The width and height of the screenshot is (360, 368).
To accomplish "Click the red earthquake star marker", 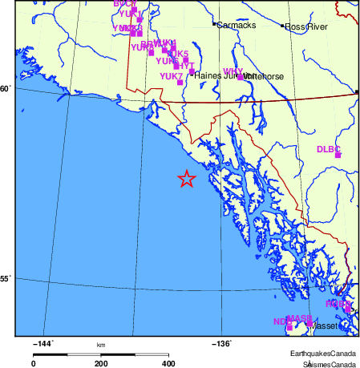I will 186,179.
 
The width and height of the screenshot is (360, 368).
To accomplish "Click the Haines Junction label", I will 216,75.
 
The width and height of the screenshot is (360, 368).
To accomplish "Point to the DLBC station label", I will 329,149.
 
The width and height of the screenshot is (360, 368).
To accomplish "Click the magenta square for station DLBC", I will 338,155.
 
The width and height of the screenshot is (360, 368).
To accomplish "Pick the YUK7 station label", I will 171,76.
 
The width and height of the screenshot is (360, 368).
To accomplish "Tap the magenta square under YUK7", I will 180,83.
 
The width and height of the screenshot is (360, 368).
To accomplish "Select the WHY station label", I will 233,72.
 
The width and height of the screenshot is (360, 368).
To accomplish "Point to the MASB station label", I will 299,318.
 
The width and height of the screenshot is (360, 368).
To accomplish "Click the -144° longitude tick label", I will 42,344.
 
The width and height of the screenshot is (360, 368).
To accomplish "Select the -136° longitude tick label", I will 222,344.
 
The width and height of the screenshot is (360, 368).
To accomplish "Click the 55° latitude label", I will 6,279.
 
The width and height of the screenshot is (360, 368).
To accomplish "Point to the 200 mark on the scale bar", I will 101,363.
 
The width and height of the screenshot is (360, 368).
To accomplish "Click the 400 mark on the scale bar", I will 168,363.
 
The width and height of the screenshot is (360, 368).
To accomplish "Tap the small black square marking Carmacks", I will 214,25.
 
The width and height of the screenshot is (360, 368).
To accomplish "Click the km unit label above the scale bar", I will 101,345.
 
